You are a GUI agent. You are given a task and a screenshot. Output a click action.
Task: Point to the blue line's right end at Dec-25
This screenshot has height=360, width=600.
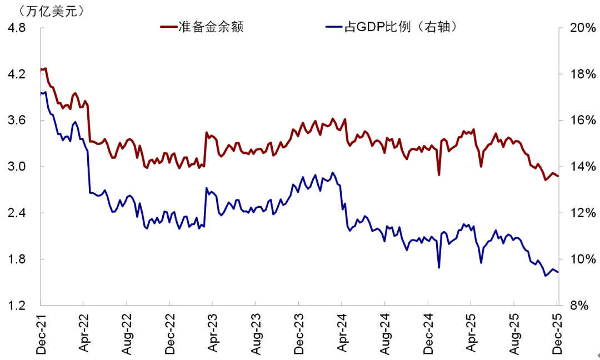point(558,272)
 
